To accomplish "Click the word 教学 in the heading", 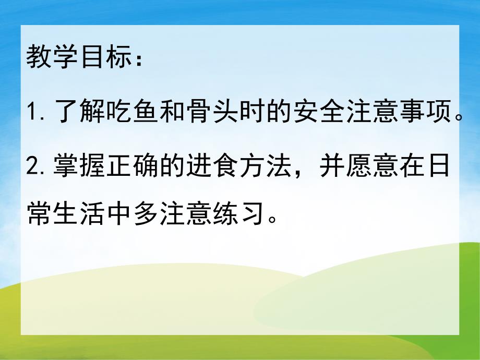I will click(51, 55).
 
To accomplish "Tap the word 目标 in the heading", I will click(104, 55).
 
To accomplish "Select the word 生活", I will click(78, 214).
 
